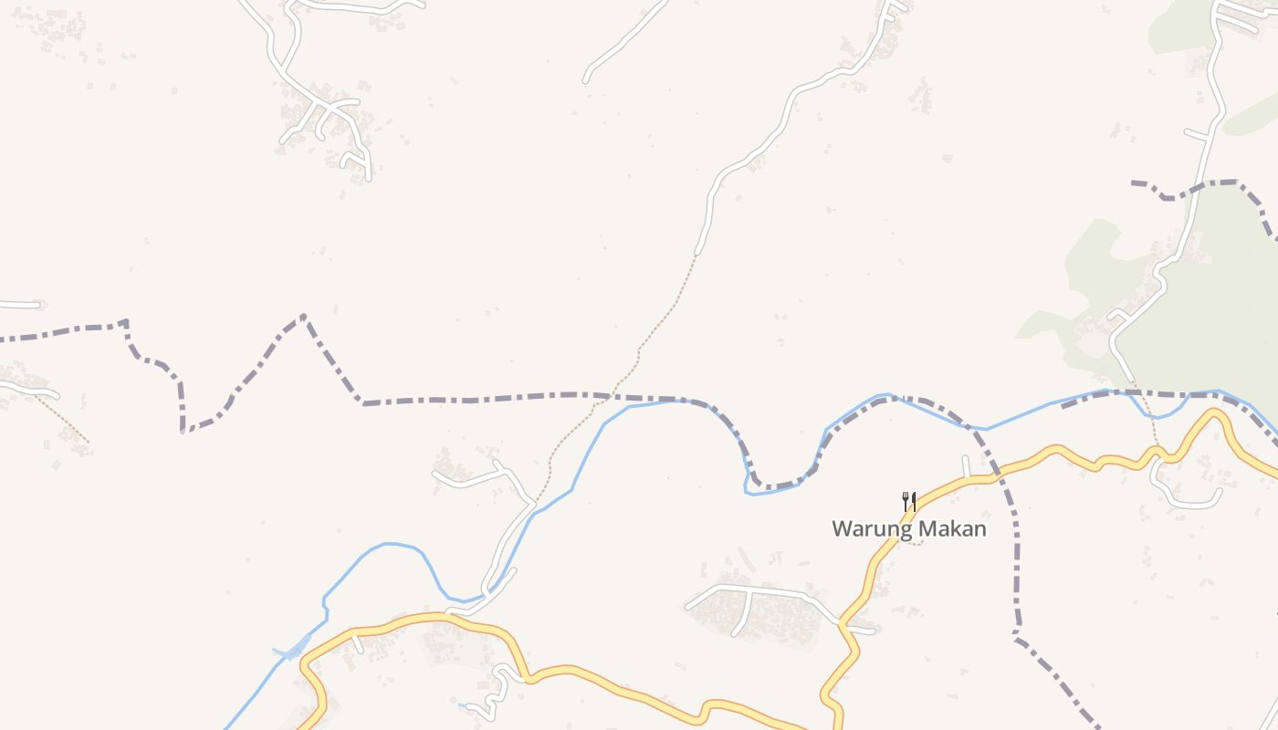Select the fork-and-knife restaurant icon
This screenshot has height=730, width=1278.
(x=908, y=501)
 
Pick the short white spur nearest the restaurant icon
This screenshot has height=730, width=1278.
(x=965, y=466)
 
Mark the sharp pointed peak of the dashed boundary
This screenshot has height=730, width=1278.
(x=303, y=317)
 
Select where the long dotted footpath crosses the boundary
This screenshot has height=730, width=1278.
(x=609, y=397)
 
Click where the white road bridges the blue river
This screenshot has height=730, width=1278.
(x=481, y=598)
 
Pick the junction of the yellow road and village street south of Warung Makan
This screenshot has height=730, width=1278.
(x=843, y=625)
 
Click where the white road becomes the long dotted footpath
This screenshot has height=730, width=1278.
(x=697, y=253)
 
